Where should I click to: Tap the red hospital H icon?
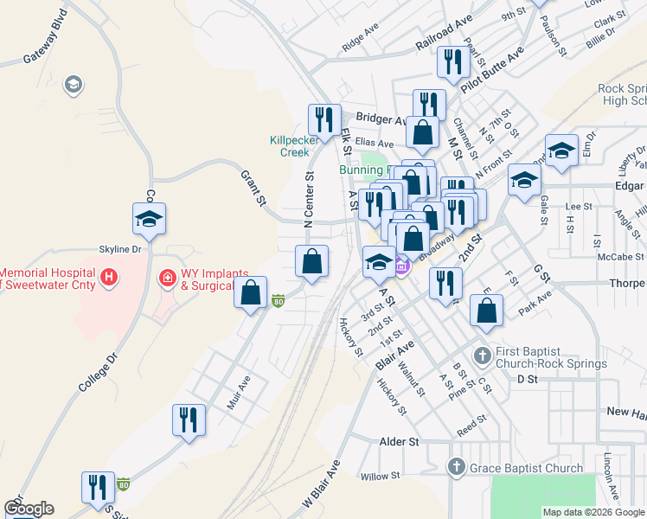[x=109, y=278]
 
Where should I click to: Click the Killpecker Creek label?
[x=289, y=145]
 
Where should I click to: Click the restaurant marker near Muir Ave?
[x=189, y=420]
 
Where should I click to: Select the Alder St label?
[x=399, y=441]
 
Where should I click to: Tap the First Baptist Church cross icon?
[x=484, y=353]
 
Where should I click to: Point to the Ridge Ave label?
[x=360, y=40]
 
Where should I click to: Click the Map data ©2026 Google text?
[x=593, y=512]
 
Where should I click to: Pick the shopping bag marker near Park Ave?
[x=487, y=310]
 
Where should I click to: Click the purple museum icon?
[x=400, y=267]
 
